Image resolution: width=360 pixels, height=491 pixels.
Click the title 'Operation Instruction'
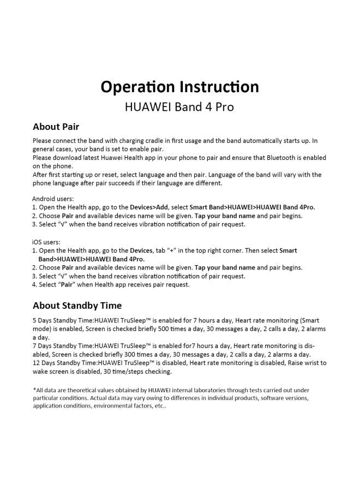click(x=179, y=87)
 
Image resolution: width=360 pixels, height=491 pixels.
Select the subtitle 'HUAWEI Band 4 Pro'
click(x=179, y=107)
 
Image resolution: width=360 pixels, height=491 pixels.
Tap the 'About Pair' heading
click(x=56, y=127)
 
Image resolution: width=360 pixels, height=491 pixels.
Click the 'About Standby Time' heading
click(x=77, y=306)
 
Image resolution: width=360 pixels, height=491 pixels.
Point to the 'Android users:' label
click(x=53, y=199)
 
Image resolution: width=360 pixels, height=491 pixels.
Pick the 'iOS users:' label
click(x=46, y=242)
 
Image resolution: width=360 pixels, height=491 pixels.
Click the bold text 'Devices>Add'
click(x=149, y=207)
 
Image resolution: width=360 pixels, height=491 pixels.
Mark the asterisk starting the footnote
click(x=34, y=390)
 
